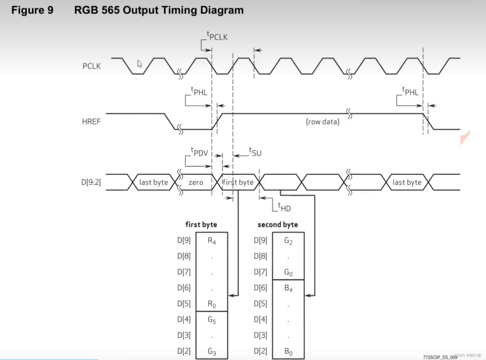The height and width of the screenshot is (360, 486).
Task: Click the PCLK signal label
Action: (x=91, y=66)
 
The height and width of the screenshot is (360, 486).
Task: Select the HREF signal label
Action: (x=91, y=122)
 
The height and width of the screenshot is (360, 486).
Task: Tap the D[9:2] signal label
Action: (x=91, y=182)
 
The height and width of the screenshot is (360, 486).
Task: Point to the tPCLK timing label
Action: (x=217, y=36)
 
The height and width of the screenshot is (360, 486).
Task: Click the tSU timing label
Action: (x=255, y=152)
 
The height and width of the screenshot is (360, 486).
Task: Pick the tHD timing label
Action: (x=284, y=208)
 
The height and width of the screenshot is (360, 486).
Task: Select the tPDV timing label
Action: (x=199, y=152)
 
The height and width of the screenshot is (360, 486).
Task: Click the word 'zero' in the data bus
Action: (x=196, y=182)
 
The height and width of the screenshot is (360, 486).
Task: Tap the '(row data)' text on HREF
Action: (x=322, y=122)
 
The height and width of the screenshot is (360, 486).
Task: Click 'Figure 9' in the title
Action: (x=32, y=10)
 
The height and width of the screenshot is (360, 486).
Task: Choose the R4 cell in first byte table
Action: (x=212, y=241)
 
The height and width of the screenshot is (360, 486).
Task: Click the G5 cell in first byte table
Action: (x=212, y=320)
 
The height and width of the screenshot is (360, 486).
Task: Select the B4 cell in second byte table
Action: (x=288, y=288)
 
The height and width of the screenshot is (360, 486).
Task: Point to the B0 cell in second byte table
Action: (x=288, y=351)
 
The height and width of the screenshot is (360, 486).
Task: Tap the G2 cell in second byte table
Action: (x=288, y=241)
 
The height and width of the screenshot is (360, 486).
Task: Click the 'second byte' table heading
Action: (x=278, y=224)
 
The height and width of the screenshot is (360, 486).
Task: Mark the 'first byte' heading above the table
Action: (x=201, y=224)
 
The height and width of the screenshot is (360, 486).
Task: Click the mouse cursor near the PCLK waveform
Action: (x=140, y=64)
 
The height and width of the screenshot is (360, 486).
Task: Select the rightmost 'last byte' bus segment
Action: (x=407, y=182)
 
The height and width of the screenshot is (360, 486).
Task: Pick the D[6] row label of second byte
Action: (x=260, y=288)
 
